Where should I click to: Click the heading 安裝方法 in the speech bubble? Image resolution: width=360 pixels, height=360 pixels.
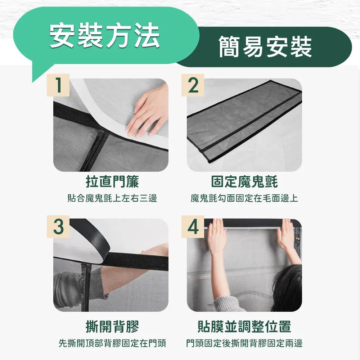[105, 36]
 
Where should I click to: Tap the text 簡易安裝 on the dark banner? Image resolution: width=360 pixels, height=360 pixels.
[265, 47]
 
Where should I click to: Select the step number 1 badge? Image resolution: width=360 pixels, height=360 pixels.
[58, 85]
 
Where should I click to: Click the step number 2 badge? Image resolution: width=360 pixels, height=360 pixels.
[193, 85]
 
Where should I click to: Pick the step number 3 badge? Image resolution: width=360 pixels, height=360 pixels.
[58, 226]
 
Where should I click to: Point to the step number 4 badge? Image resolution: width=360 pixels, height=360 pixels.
[193, 226]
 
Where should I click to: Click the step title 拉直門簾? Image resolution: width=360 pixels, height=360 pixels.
[112, 181]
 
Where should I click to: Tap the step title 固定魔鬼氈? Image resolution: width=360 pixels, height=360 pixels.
[244, 181]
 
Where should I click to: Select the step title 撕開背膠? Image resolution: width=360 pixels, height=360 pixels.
[112, 326]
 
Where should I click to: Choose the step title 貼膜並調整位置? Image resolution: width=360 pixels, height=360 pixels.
[244, 326]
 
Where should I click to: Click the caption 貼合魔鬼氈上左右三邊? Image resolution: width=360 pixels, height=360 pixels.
[112, 198]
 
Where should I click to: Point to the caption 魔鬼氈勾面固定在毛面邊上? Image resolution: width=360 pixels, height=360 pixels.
[244, 198]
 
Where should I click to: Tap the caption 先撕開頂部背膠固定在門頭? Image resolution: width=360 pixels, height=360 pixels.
[112, 343]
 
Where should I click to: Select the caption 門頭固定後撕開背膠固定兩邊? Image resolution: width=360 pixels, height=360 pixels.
[244, 343]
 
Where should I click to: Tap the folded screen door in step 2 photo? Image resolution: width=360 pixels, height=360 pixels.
[244, 121]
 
